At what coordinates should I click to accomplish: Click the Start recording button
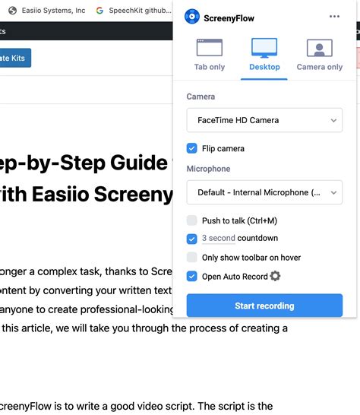coord(264,306)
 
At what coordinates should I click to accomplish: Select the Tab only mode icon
coord(210,48)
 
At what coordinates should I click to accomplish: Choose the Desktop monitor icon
coord(264,48)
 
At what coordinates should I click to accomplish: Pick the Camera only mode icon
coord(319,48)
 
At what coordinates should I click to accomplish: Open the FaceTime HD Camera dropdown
coord(264,120)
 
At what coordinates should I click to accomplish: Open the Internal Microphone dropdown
coord(264,192)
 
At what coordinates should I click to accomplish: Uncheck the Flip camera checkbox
coord(192,148)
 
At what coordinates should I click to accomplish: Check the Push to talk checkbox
coord(192,220)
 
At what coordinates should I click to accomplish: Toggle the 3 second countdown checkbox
coord(192,239)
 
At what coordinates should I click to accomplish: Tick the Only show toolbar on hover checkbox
coord(192,258)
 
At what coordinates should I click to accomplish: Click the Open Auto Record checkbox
coord(192,277)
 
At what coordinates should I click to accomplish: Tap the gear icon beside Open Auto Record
coord(275,276)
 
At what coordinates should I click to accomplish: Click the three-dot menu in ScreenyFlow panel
coord(335,17)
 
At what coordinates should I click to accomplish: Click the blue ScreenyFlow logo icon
coord(192,17)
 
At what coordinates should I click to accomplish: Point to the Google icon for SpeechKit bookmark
coord(99,11)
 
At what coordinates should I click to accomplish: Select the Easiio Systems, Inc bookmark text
coord(52,11)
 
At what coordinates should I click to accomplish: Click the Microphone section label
coord(208,169)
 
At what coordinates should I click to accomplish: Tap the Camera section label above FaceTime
coord(201,97)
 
